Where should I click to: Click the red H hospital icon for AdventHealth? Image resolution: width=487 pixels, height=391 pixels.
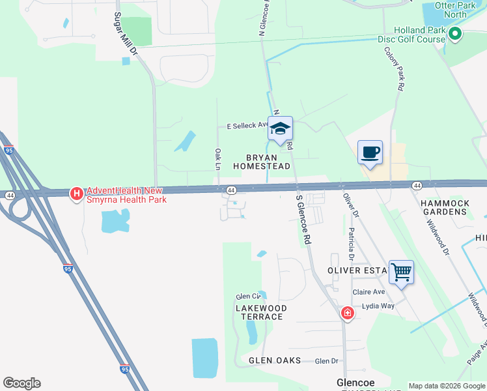click(x=76, y=194)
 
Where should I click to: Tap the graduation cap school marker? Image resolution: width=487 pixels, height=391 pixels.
click(x=280, y=128)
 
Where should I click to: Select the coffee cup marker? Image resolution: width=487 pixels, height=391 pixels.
click(x=370, y=152)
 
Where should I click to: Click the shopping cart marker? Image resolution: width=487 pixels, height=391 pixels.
click(x=401, y=270)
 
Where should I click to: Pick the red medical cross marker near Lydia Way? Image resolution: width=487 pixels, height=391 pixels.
click(x=348, y=313)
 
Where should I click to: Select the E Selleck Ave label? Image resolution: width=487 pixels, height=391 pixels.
click(x=247, y=125)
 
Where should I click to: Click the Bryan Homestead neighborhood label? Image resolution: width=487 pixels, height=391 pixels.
click(x=261, y=162)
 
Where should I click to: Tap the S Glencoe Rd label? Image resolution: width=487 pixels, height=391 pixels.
click(x=303, y=220)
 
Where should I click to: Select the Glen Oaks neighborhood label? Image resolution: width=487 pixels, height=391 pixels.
click(x=274, y=360)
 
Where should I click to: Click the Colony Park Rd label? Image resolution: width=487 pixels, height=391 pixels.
click(x=395, y=68)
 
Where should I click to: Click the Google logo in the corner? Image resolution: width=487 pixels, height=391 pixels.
click(x=21, y=383)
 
